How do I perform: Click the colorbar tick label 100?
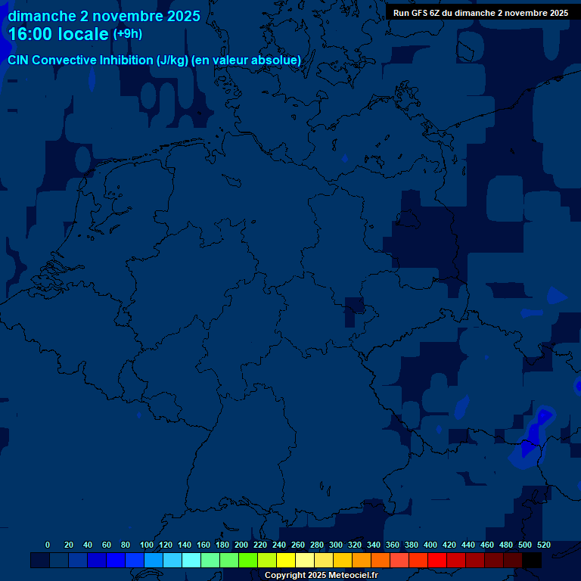147,545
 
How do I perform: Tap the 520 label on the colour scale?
544,545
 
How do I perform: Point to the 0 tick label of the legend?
48,545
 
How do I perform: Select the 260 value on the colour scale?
298,545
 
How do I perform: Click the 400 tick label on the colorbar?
430,545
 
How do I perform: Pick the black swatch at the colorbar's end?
532,560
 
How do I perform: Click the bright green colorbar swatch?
248,560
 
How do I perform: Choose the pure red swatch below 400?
437,560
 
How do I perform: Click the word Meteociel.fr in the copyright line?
353,576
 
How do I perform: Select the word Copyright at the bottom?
285,576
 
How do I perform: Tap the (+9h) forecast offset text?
127,34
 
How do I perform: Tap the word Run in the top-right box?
401,13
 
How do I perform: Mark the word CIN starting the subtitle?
18,61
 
